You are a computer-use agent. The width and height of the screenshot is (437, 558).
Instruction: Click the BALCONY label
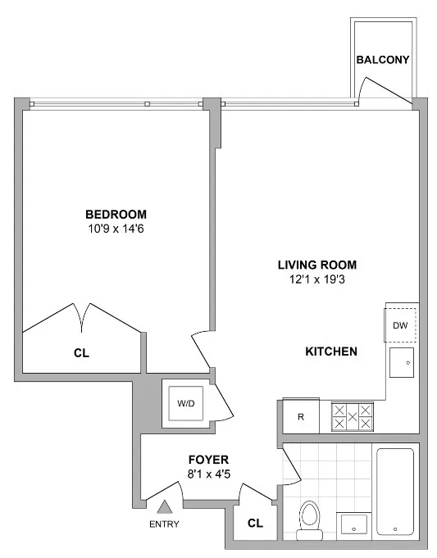[383, 61]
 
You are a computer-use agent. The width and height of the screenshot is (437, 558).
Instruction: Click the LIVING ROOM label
[317, 265]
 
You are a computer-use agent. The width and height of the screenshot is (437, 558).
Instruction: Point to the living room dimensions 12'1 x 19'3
[317, 279]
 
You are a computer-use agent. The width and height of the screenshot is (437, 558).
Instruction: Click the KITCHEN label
[330, 352]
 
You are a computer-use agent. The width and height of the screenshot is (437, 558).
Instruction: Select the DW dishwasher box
[401, 325]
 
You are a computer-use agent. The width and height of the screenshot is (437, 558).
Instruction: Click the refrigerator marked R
[302, 417]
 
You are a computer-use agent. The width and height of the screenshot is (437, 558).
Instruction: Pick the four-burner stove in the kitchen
[352, 417]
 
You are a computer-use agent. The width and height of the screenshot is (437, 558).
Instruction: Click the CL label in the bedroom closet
[81, 353]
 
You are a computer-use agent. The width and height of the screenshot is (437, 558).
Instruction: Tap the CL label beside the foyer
[254, 522]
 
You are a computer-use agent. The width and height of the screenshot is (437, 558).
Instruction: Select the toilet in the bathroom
[309, 518]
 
